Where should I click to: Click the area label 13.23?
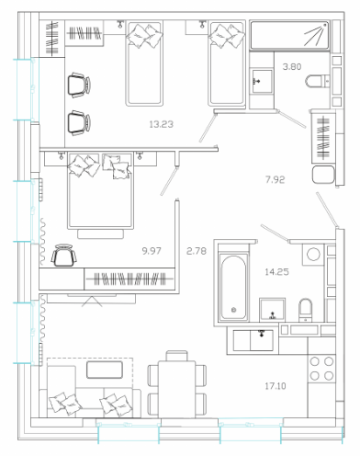[x=162, y=124]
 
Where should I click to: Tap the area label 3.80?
[x=292, y=66]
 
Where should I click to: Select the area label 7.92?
[x=275, y=179]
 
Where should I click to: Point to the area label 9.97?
[x=152, y=251]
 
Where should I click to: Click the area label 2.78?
[x=197, y=251]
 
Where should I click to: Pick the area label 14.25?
[x=276, y=272]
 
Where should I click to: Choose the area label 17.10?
[x=276, y=386]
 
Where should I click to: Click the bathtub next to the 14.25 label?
[x=233, y=288]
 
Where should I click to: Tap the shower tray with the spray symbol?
[x=289, y=35]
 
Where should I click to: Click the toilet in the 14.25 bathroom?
[x=306, y=310]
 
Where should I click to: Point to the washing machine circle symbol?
[x=313, y=255]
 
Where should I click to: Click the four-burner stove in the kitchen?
[x=321, y=369]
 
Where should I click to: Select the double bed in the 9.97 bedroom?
[x=101, y=191]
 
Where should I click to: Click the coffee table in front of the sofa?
[x=105, y=370]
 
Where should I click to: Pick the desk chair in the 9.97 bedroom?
[x=63, y=256]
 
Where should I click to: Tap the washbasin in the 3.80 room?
[x=262, y=81]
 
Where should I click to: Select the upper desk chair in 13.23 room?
[x=79, y=85]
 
